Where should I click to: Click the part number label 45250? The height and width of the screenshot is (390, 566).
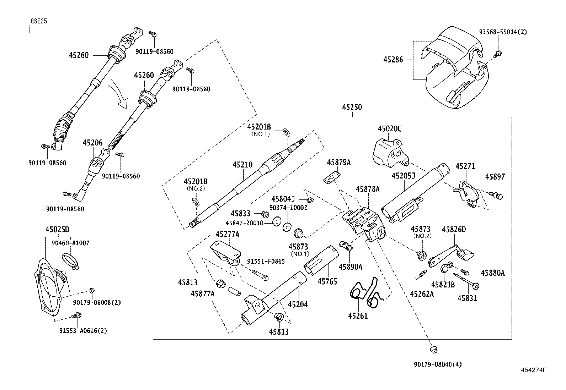[352, 107]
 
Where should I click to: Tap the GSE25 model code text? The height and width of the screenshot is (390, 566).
[38, 21]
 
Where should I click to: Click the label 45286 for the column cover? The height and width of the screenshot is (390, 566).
[393, 60]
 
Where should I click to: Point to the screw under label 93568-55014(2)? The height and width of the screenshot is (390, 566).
[498, 54]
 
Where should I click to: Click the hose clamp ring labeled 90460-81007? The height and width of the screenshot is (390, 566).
[71, 261]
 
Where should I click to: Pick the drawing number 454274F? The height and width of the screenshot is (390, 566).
[533, 369]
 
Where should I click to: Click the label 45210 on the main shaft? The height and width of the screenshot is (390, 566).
[242, 165]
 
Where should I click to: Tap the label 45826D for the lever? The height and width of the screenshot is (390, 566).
[454, 230]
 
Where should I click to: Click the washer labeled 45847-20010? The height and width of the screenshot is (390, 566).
[276, 223]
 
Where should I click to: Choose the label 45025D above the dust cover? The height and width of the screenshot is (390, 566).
[57, 230]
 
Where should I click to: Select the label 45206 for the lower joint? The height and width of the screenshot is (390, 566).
[92, 143]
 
